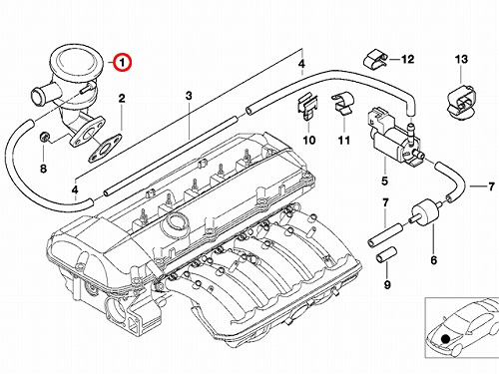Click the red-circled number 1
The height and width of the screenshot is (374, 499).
(x=123, y=62)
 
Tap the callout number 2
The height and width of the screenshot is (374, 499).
(x=122, y=99)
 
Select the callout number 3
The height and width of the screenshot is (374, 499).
(x=189, y=96)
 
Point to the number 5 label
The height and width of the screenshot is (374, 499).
(x=384, y=182)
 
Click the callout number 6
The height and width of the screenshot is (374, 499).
(x=433, y=260)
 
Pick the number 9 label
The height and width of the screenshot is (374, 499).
(x=387, y=285)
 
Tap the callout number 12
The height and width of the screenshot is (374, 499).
(x=407, y=60)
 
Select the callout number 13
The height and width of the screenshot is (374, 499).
(x=461, y=60)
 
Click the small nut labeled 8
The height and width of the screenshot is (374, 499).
(x=44, y=137)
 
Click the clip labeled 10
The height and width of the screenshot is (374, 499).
(x=307, y=107)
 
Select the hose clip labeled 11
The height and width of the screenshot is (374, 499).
(x=343, y=103)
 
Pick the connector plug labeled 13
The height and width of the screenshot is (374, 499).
(x=461, y=102)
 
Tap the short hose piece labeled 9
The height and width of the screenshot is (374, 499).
(x=385, y=254)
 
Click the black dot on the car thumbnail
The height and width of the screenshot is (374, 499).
(x=445, y=339)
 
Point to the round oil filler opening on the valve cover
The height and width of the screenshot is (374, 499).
(x=174, y=225)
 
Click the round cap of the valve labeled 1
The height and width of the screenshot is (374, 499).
(x=76, y=62)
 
